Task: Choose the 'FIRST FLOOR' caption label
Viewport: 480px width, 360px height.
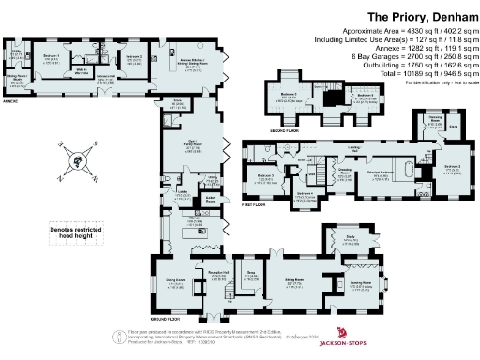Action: (255, 202)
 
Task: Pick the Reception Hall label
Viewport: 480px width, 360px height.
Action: (219, 273)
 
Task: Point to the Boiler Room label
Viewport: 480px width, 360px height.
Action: (211, 199)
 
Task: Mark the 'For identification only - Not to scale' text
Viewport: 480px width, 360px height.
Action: (437, 82)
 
